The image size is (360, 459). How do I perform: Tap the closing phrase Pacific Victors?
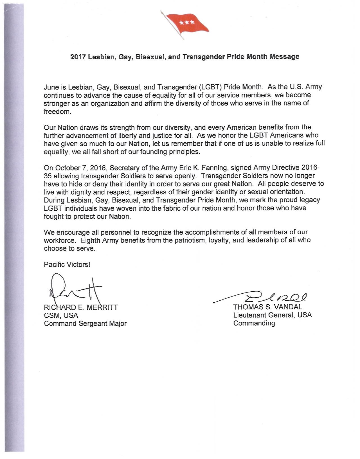pyautogui.click(x=67, y=265)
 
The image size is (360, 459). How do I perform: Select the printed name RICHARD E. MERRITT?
pyautogui.click(x=81, y=307)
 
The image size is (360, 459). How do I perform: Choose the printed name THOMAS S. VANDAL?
pyautogui.click(x=267, y=307)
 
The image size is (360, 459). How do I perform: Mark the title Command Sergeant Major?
pyautogui.click(x=85, y=323)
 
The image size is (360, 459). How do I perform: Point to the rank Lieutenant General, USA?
pyautogui.click(x=272, y=315)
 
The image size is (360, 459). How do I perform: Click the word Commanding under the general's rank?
pyautogui.click(x=254, y=323)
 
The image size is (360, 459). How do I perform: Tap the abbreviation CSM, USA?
pyautogui.click(x=61, y=316)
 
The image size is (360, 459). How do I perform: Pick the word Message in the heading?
pyautogui.click(x=284, y=57)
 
